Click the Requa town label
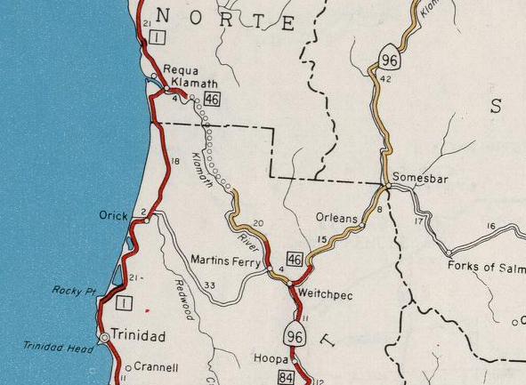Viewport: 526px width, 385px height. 182,71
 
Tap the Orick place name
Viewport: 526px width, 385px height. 114,215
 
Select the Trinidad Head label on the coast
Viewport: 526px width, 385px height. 58,348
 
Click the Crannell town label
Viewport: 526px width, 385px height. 157,367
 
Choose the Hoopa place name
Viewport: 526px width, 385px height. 271,359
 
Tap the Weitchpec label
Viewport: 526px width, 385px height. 328,293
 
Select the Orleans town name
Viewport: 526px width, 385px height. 336,218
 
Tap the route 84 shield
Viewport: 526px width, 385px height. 287,378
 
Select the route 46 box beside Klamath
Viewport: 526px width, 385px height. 212,99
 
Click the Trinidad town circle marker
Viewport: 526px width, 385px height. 104,338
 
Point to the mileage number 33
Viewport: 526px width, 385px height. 210,285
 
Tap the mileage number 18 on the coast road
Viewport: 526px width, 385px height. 174,161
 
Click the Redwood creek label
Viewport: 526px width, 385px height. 184,299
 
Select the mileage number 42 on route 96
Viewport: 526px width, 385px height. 385,79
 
